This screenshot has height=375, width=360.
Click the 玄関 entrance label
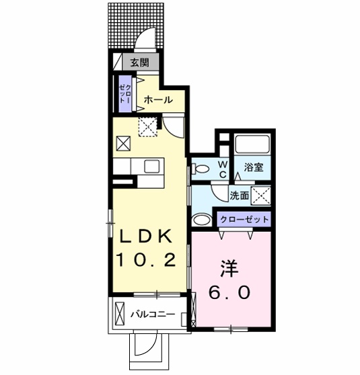coord(140,62)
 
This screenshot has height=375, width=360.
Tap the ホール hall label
coord(158,99)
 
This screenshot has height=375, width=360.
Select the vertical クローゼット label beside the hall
coord(125,93)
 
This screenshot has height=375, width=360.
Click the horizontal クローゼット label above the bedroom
coord(244,219)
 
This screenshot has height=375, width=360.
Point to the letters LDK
coord(146,237)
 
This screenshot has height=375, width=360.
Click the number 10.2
coord(146,260)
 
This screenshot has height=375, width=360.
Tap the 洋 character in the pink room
coord(229,269)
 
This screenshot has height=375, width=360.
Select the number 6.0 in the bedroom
coord(229,292)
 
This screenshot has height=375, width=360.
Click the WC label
coord(223,169)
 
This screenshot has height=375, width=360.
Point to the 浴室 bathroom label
coord(254,167)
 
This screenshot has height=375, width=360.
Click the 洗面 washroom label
coord(240,196)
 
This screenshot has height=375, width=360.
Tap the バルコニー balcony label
coord(153,314)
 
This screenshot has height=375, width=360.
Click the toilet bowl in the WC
coord(201,169)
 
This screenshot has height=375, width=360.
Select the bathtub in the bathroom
coord(252,144)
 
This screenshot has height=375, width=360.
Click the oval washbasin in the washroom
coord(201,220)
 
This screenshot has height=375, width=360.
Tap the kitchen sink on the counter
coord(152,167)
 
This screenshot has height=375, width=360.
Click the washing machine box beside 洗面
coord(261,196)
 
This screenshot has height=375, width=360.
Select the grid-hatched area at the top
coord(136,26)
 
